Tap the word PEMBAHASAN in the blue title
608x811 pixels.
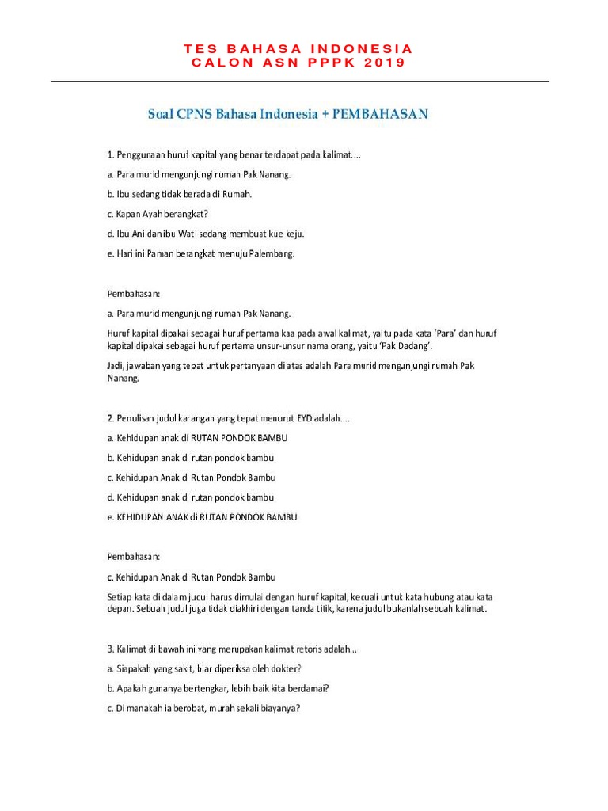coord(380,113)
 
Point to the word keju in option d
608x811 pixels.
coord(292,234)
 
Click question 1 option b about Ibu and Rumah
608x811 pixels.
coord(179,194)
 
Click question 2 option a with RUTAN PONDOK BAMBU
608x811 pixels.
coord(202,438)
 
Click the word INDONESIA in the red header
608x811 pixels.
coord(367,49)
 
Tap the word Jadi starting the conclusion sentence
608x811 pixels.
coord(116,365)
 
